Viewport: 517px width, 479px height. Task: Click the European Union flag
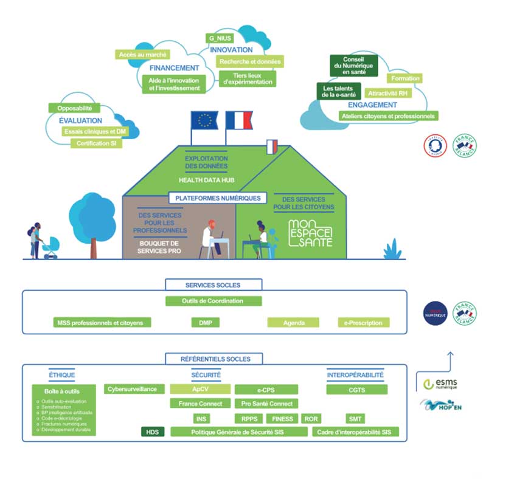pos(204,120)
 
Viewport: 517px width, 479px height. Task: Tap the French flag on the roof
pos(238,120)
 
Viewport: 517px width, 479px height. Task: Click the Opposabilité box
pos(74,108)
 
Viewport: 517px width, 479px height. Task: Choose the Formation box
pos(405,78)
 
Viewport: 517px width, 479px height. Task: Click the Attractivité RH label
pos(387,94)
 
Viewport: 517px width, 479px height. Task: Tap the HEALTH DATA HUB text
pos(206,180)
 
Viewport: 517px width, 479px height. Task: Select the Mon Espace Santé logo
pos(310,233)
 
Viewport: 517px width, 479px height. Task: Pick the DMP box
pos(205,323)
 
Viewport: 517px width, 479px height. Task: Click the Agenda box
pos(293,323)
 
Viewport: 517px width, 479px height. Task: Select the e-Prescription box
pos(364,323)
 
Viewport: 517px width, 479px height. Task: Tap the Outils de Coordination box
pos(213,301)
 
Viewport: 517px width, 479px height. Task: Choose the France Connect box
pos(200,404)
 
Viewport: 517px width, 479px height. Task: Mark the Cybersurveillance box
pos(134,389)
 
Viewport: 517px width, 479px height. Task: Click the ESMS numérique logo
pos(440,384)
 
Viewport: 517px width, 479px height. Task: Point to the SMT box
pos(355,419)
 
